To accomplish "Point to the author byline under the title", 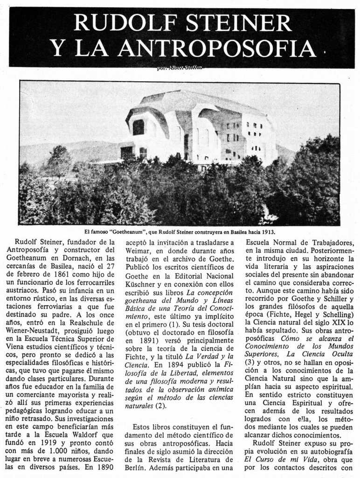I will (180, 68).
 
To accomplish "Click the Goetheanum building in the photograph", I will (201, 128).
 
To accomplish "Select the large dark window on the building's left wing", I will (138, 127).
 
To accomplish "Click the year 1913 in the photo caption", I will (267, 232).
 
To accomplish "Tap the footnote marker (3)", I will (249, 362).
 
